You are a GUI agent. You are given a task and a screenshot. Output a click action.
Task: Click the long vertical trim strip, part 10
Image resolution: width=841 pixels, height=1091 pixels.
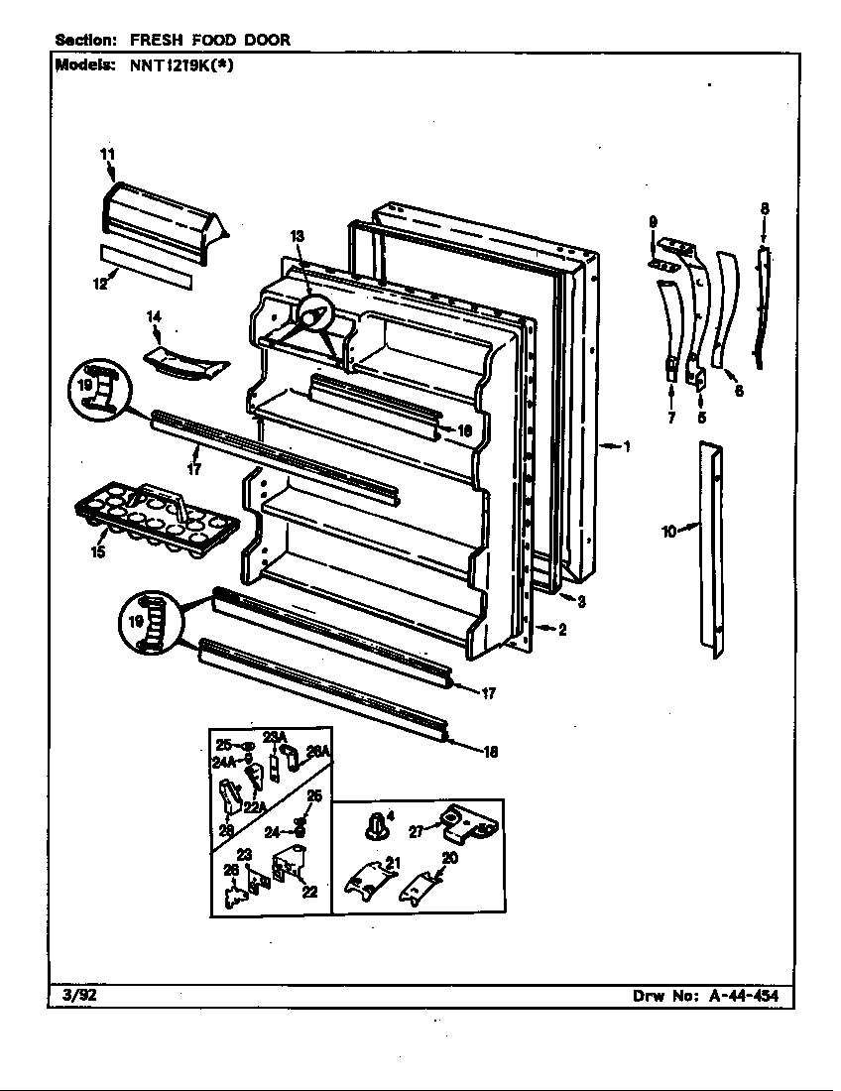[x=710, y=550]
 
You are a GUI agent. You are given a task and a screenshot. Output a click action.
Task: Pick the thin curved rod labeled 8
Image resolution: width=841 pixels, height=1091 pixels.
[x=760, y=307]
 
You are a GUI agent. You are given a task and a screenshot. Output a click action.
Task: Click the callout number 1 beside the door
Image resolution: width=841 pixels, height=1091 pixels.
[x=626, y=446]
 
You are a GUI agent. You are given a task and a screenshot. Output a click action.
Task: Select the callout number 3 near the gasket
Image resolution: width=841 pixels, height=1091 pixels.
[x=583, y=600]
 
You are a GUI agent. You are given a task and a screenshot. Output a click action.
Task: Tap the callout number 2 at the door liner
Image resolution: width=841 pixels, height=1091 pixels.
[x=561, y=629]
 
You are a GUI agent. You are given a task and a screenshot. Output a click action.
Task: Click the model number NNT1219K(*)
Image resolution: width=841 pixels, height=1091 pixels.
[x=184, y=65]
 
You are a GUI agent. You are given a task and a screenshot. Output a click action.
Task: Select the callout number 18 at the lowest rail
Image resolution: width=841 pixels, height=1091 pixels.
[x=490, y=752]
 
